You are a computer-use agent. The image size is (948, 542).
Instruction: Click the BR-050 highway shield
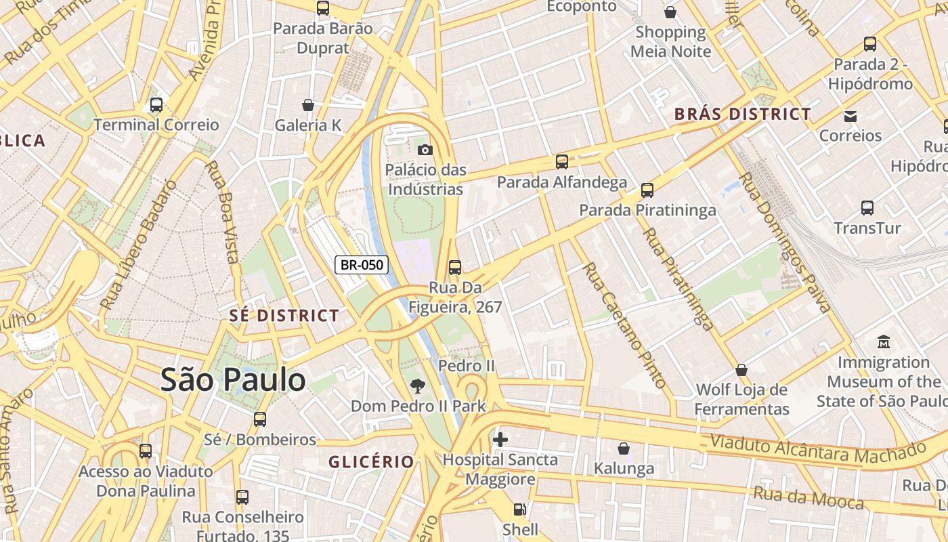362,265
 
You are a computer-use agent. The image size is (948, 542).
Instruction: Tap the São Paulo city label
233,380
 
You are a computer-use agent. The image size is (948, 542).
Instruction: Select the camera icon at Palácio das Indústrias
425,150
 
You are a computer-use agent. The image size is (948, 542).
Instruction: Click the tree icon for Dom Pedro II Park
418,386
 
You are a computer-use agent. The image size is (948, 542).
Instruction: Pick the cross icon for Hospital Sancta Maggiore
500,440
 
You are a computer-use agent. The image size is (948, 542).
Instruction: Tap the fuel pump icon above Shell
519,509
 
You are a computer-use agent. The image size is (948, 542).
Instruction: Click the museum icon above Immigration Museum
883,342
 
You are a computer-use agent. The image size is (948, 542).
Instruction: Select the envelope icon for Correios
850,116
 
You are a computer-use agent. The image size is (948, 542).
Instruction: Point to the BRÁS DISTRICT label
742,114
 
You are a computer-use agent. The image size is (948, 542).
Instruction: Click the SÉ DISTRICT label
284,316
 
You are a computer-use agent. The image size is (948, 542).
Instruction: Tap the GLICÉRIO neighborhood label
371,462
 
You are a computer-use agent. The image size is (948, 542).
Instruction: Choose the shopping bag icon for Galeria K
308,105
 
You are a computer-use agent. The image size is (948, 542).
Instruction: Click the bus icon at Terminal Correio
156,105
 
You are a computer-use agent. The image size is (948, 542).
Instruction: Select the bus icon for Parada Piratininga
647,190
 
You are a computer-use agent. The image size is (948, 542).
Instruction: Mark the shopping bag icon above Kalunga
624,449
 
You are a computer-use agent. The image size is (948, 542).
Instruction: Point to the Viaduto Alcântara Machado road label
817,449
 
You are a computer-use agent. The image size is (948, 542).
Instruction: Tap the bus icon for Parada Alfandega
561,162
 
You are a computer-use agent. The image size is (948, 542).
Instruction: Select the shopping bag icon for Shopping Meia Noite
670,12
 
